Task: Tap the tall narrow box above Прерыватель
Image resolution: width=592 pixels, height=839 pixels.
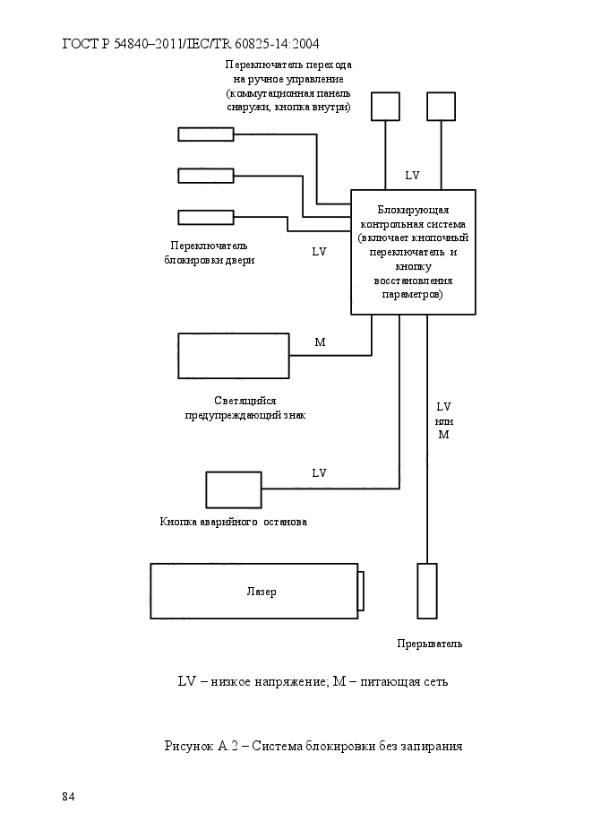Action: tap(426, 591)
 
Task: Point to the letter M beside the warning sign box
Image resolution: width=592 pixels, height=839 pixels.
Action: tap(320, 342)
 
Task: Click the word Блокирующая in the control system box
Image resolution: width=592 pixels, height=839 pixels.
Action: tap(413, 210)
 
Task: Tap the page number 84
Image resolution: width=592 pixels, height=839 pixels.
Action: tap(68, 797)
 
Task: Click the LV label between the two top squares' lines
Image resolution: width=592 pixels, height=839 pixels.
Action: tap(412, 176)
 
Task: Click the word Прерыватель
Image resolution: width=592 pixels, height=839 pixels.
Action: tap(429, 644)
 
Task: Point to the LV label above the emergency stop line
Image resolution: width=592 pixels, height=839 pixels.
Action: tap(319, 473)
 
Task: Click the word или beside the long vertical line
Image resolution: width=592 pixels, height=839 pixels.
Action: tap(444, 421)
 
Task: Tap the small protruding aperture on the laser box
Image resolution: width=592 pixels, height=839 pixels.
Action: tap(361, 591)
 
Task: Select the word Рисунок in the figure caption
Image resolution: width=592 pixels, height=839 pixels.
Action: tap(189, 746)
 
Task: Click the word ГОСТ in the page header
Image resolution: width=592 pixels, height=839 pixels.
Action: tap(81, 43)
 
